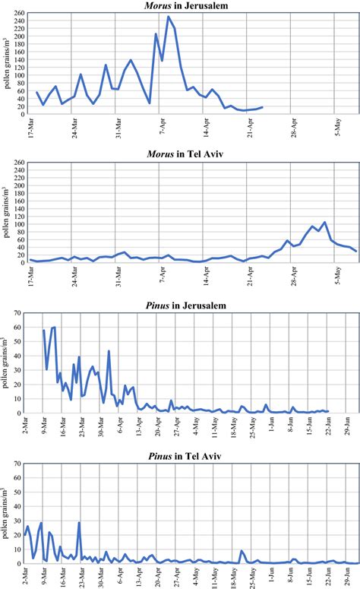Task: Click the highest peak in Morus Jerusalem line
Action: point(169,17)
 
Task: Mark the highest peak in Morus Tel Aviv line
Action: point(324,223)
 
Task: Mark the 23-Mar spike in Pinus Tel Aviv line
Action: point(79,522)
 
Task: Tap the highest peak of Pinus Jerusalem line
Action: point(54,327)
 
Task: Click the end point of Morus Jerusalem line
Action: point(263,107)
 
